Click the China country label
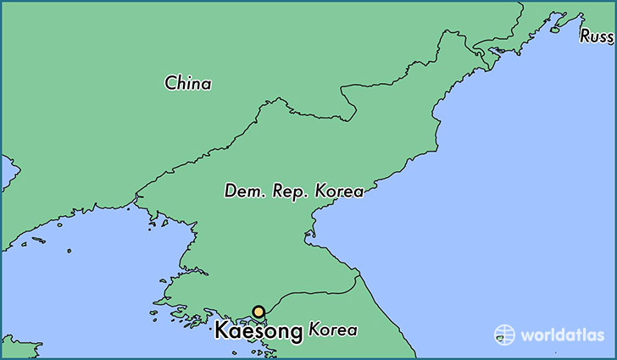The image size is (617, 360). (x=188, y=83)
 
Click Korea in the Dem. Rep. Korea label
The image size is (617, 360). (x=340, y=191)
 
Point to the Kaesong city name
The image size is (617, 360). (x=258, y=331)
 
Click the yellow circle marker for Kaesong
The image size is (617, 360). (x=258, y=312)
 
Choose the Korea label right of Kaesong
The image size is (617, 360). (x=333, y=330)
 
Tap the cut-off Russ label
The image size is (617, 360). (x=597, y=36)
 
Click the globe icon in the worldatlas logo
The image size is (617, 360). (x=504, y=334)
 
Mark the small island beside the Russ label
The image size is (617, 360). (x=555, y=30)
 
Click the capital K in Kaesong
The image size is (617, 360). (x=221, y=330)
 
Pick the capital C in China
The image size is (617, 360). (x=171, y=83)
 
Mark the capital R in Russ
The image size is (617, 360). (x=586, y=36)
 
